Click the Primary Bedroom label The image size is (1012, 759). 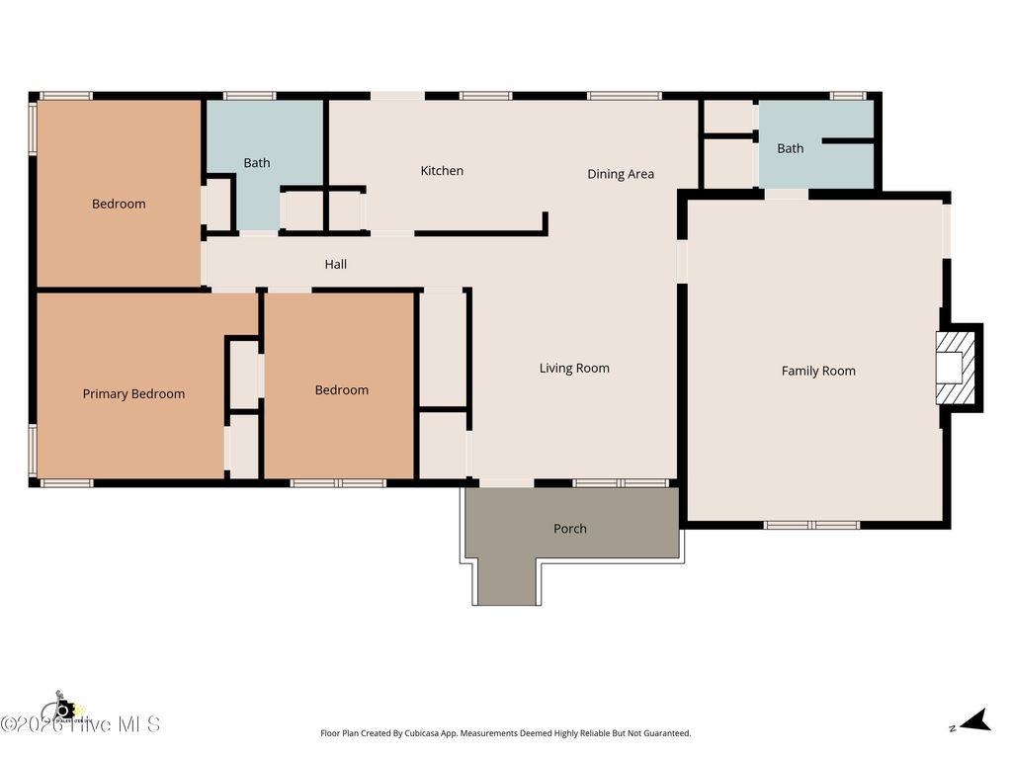[133, 393]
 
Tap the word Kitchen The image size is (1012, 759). [442, 171]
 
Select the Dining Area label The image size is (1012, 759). [621, 174]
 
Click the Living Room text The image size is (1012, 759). [574, 368]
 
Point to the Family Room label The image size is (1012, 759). [818, 371]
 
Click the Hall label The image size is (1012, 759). [336, 264]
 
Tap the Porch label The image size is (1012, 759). [570, 529]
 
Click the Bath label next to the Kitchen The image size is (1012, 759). [257, 163]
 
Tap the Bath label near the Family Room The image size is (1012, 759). [791, 148]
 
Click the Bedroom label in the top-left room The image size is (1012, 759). [119, 204]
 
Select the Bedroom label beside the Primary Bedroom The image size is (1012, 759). [342, 390]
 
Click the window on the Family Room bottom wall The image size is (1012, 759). [811, 525]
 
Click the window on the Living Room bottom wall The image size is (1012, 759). [621, 483]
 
